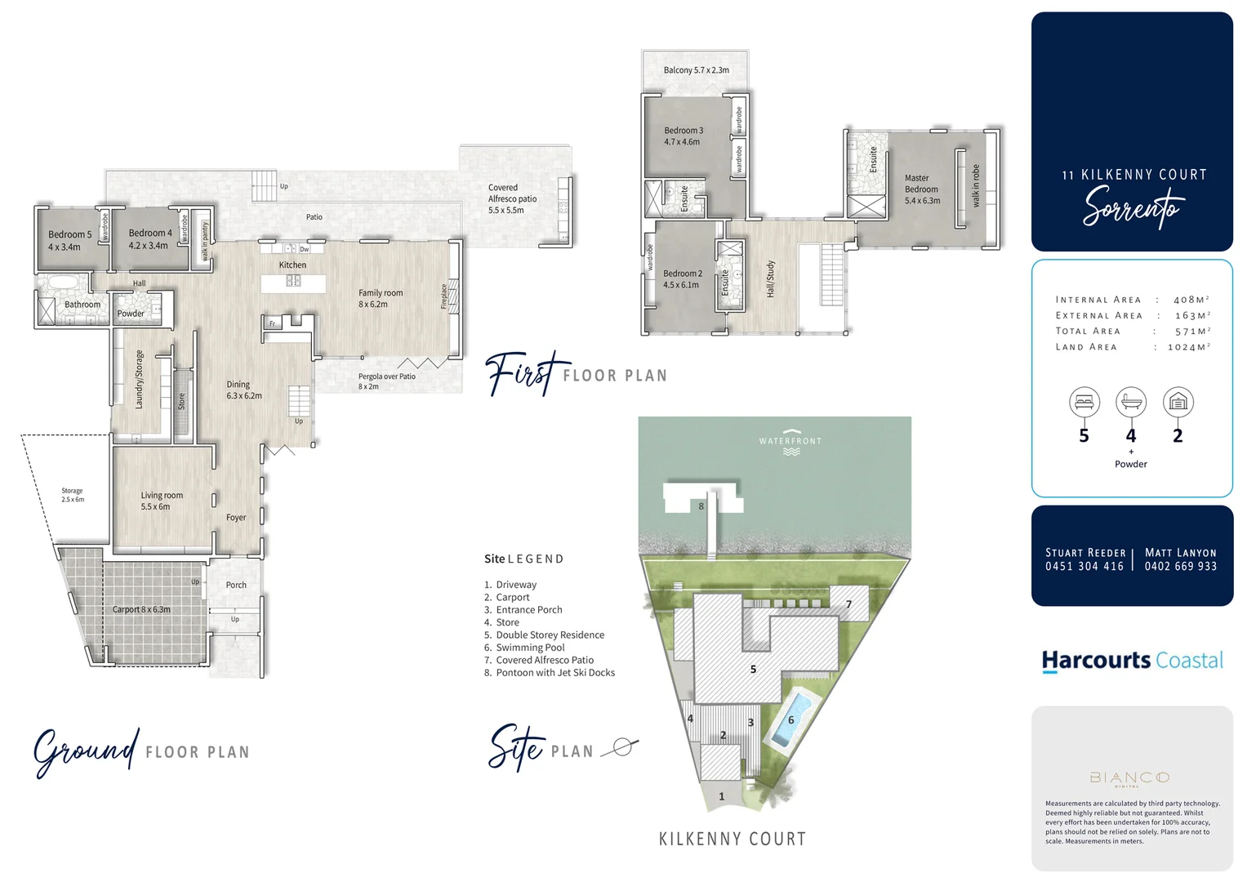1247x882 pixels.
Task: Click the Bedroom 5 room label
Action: pos(69,240)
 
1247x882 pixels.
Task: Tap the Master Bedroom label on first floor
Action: pos(922,189)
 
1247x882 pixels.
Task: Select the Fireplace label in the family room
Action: pos(444,296)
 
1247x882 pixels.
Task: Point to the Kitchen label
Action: pos(292,265)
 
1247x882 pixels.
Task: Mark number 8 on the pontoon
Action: pos(701,506)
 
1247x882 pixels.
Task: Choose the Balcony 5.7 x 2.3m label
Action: pos(696,70)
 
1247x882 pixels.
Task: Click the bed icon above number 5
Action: pos(1084,402)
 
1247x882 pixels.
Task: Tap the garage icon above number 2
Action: pos(1178,402)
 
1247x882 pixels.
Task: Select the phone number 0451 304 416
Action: pos(1084,566)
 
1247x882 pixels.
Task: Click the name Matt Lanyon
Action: pos(1180,553)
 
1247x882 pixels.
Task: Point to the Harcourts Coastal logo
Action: pos(1132,660)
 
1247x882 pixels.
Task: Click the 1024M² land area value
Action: pos(1188,347)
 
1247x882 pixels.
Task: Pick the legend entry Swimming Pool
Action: pos(530,648)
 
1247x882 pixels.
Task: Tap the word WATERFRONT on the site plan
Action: pos(790,441)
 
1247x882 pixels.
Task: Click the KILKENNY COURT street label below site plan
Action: pos(733,839)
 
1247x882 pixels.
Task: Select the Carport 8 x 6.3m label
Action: pos(141,609)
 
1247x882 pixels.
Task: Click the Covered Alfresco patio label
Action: pos(512,198)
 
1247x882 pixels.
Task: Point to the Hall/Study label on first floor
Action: pos(770,278)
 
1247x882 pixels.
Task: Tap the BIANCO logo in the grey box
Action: pos(1129,777)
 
